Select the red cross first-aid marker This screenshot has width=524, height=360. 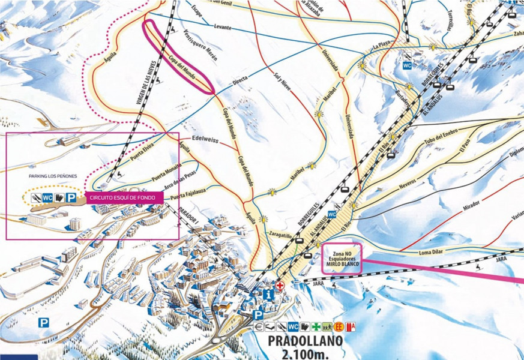tap(280, 285)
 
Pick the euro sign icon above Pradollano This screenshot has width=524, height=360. tap(259, 327)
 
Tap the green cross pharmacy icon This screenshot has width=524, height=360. tap(316, 327)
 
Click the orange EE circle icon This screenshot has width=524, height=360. tap(339, 327)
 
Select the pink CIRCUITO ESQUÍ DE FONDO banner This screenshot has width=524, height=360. tap(122, 197)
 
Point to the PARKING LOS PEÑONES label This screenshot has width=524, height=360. tap(53, 176)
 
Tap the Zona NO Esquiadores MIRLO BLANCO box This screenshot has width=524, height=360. tap(342, 259)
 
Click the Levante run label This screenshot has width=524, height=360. tap(221, 27)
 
